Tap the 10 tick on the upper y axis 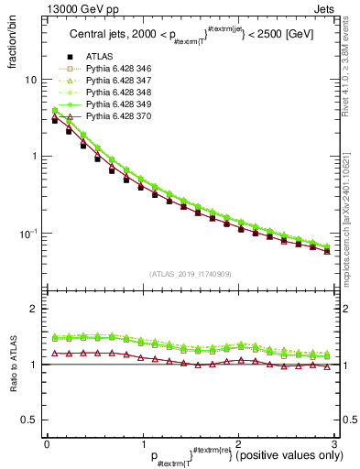point(30,80)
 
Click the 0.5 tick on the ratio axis point(28,420)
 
